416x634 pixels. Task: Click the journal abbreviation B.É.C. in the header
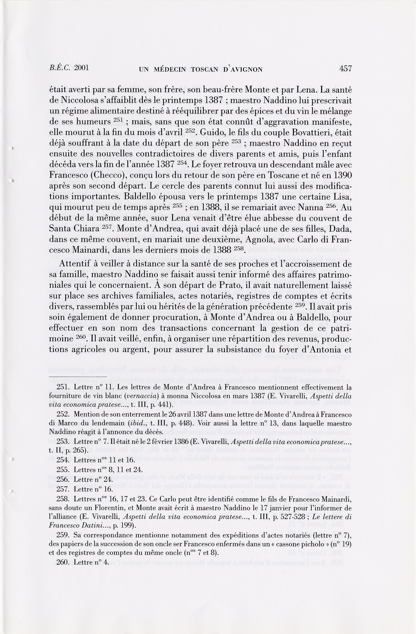click(x=60, y=68)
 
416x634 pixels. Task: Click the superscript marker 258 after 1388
click(x=239, y=248)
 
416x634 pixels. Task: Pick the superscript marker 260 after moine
click(x=80, y=337)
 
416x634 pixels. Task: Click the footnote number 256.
click(x=63, y=480)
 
